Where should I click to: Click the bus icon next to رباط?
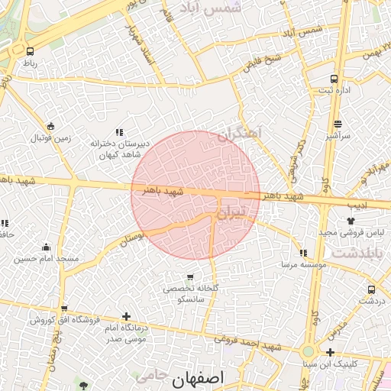[28, 50]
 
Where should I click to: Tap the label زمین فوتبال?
[50, 138]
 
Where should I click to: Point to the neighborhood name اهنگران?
[239, 134]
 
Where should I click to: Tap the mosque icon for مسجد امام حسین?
[46, 247]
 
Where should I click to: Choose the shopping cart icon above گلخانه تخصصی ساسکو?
[189, 276]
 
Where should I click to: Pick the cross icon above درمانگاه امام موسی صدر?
[126, 316]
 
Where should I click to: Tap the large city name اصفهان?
[194, 379]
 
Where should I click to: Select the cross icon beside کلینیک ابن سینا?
[330, 352]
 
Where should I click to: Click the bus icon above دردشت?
[371, 289]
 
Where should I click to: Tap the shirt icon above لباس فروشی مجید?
[351, 220]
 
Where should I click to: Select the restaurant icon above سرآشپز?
[338, 122]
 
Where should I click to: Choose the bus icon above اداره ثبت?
[334, 79]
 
